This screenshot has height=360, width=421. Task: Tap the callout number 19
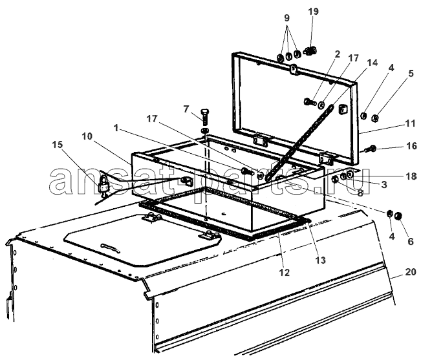pos(313,12)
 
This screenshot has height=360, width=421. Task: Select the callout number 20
pos(410,272)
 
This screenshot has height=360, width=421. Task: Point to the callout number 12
pos(285,272)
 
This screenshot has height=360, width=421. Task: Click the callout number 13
pos(321,260)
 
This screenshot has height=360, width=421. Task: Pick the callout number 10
pos(87,136)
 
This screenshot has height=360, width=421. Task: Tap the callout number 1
pos(116,128)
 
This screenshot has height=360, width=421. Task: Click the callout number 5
pos(411,73)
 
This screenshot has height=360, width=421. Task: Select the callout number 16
pos(411,146)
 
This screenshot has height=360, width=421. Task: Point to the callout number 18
pos(411,176)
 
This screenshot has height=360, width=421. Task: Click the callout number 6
pos(411,241)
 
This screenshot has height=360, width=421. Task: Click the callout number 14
pos(372,63)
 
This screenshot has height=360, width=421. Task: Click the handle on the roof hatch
pos(109,247)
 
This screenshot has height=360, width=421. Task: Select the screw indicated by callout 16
pos(371,149)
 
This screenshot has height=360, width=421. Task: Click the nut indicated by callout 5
pos(375,118)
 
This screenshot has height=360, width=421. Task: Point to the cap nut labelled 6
pos(398,216)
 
